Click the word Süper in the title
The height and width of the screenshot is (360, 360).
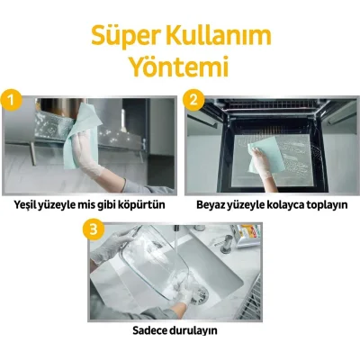coord(125,35)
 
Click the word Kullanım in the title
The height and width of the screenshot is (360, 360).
coord(215,35)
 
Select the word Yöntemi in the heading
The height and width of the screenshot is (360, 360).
coord(179,67)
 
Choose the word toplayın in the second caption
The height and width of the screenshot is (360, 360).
coord(321,204)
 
